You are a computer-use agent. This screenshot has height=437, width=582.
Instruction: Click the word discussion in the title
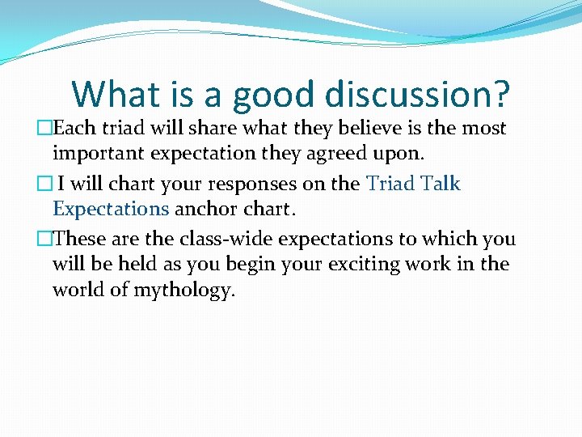(417, 94)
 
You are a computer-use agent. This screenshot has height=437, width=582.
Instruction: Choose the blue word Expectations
(111, 210)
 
